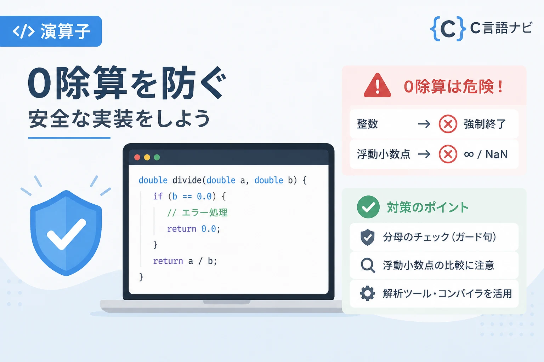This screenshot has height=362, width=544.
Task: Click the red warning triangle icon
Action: [377, 86]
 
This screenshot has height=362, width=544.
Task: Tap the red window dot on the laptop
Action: [137, 157]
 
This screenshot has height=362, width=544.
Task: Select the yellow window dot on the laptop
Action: [147, 157]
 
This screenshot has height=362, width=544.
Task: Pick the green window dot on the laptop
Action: [157, 157]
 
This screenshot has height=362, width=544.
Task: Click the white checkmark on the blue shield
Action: [66, 234]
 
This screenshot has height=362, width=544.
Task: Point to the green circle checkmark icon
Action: [368, 207]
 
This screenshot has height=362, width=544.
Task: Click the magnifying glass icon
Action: [368, 265]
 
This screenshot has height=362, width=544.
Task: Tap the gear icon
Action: [367, 293]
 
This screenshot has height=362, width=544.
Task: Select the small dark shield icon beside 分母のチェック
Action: [367, 237]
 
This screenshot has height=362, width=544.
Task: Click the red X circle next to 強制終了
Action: [448, 124]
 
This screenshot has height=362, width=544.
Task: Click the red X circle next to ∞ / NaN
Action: [448, 154]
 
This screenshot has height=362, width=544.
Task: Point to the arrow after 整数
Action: [424, 124]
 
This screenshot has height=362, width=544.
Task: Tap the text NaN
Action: [497, 154]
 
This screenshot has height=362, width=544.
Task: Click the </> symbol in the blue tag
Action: [24, 31]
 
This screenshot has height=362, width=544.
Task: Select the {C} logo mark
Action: [448, 29]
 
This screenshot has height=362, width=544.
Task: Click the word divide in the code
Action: [187, 180]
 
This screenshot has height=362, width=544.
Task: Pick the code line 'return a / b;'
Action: [185, 261]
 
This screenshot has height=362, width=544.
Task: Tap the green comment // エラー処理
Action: [197, 213]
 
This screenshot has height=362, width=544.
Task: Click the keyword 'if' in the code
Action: [158, 196]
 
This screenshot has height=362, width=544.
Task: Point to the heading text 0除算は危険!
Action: [453, 86]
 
